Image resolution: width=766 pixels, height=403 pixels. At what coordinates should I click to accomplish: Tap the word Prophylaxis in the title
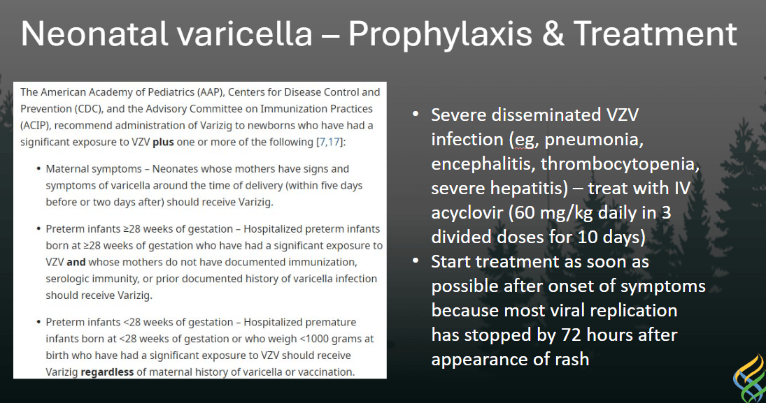point(440,35)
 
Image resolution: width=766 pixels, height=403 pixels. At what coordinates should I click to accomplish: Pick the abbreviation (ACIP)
point(35,126)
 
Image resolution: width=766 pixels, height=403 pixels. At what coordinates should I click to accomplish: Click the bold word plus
point(163,142)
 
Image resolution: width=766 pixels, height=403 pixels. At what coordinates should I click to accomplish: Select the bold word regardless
point(107,372)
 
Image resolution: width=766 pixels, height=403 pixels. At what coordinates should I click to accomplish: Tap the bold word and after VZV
point(76,262)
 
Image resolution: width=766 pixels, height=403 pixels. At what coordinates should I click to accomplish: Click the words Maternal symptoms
point(94,169)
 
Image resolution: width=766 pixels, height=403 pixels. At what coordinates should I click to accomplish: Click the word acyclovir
point(467,213)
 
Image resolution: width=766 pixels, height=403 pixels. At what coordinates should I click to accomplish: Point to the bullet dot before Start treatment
point(416,261)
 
